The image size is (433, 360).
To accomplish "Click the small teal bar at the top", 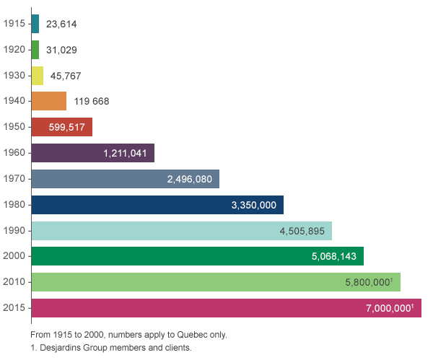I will pyautogui.click(x=35, y=23).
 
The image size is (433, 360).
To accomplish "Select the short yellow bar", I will pyautogui.click(x=38, y=75).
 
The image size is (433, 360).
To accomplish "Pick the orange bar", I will pyautogui.click(x=49, y=101).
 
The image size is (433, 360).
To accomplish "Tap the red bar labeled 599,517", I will pyautogui.click(x=62, y=127).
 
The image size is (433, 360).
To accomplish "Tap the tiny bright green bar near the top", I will pyautogui.click(x=35, y=49).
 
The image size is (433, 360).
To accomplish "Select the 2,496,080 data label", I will pyautogui.click(x=189, y=179).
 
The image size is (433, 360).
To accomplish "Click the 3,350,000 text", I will pyautogui.click(x=254, y=205).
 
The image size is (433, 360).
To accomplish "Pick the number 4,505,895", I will pyautogui.click(x=302, y=231).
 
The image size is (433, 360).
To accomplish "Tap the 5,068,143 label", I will pyautogui.click(x=334, y=256).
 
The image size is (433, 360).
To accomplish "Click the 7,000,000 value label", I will pyautogui.click(x=390, y=308).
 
